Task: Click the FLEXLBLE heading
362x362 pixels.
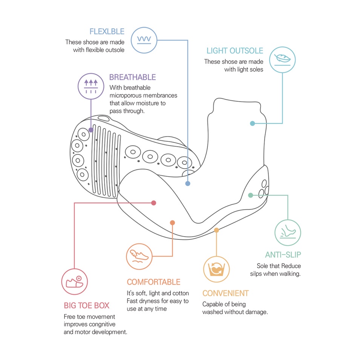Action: [x=107, y=31]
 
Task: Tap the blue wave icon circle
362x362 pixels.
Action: [x=144, y=40]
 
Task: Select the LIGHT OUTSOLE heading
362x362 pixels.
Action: [x=235, y=51]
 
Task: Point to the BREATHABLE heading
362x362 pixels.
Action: [x=132, y=77]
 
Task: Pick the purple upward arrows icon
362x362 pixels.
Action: [x=91, y=86]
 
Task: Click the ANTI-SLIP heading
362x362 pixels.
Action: [x=283, y=255]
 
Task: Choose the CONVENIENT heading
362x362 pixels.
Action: [x=225, y=293]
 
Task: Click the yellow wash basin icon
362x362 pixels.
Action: [x=216, y=269]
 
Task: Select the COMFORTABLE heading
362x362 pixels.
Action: [x=153, y=282]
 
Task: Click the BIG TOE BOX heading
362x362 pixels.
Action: [x=87, y=305]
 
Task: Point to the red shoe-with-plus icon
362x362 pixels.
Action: [x=75, y=282]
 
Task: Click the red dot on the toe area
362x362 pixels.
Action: [x=154, y=203]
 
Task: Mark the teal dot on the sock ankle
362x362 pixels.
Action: [x=253, y=124]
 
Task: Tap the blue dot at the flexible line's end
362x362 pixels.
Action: [x=188, y=184]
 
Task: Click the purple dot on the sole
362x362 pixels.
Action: [x=91, y=130]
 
